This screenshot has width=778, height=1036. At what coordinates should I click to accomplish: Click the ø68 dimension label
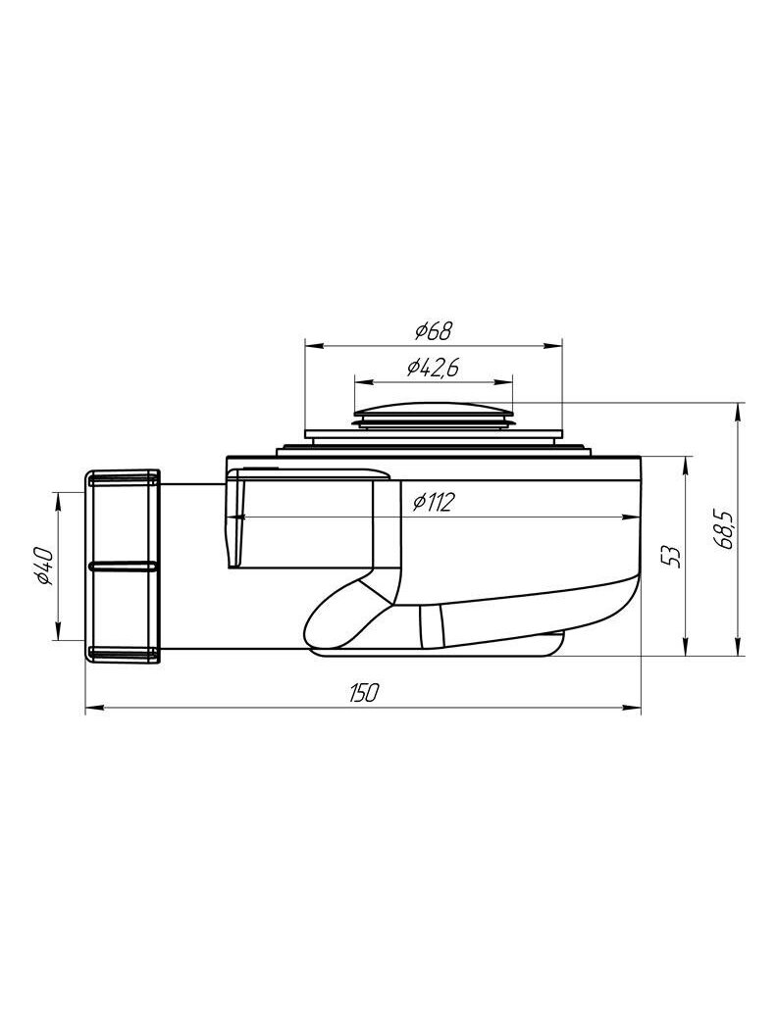[x=434, y=331]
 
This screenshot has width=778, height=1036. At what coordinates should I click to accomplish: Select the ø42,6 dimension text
[x=434, y=368]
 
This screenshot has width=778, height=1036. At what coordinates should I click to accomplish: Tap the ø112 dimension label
[x=434, y=503]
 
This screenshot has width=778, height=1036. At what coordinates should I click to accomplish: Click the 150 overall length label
[x=363, y=692]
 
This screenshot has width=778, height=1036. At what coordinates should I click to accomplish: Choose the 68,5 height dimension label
[x=723, y=528]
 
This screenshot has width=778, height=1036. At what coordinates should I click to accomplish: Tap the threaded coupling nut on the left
[x=123, y=566]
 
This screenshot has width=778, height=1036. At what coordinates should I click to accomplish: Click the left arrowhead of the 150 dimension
[x=93, y=709]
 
